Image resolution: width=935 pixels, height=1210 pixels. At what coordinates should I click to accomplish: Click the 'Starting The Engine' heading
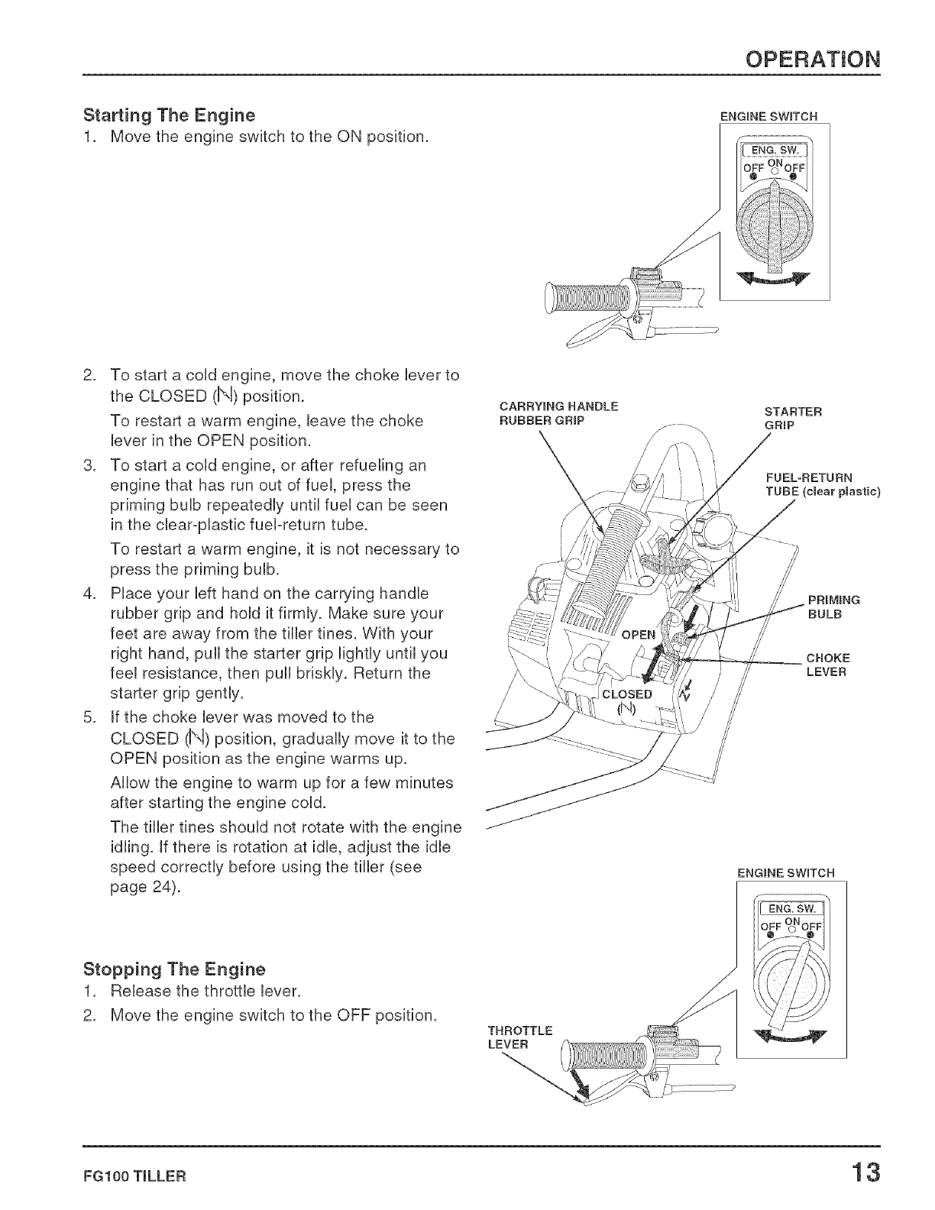pos(169,116)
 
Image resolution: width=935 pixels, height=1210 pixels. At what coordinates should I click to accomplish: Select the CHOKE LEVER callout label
pos(829,665)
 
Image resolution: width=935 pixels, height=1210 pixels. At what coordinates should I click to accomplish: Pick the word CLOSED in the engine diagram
pos(627,694)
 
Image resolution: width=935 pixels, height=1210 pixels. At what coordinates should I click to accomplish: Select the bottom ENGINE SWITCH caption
pos(787,872)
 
